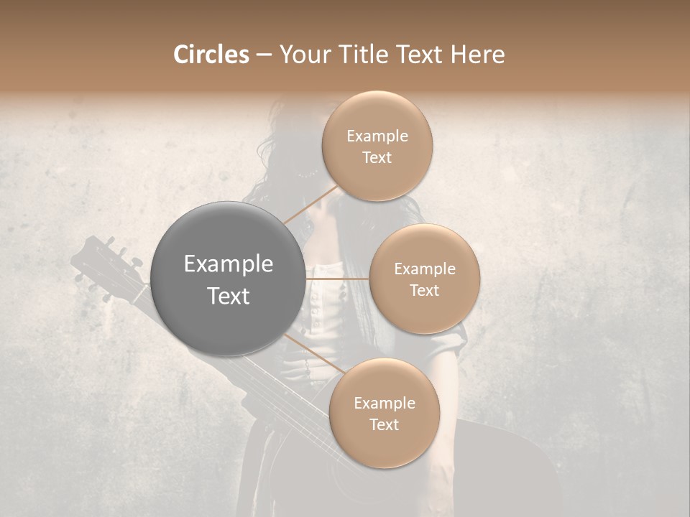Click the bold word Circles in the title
211,55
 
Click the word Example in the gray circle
228,264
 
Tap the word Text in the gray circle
228,296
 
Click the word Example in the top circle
377,136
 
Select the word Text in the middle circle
424,290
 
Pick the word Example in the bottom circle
384,404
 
